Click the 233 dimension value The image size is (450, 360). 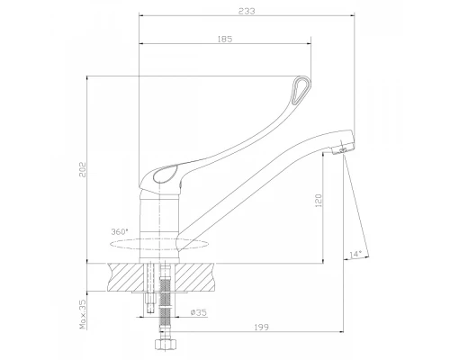click(247, 11)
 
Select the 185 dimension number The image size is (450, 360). click(225, 39)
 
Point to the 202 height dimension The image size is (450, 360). click(83, 169)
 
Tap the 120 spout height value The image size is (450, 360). click(319, 201)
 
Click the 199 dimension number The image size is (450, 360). click(262, 327)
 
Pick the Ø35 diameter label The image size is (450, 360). click(199, 312)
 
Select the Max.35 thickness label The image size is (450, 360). click(83, 314)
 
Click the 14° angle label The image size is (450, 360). click(356, 254)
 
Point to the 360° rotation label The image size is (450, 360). click(120, 231)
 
